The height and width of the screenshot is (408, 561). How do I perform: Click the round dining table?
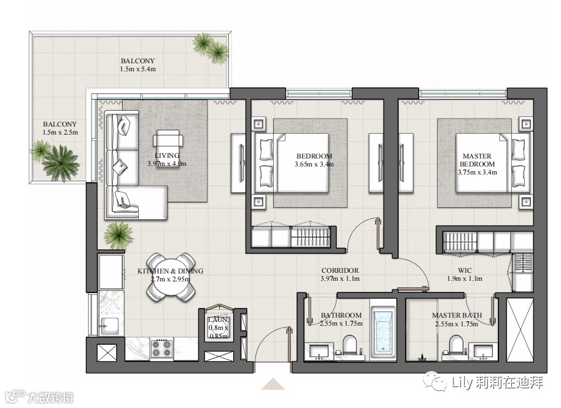coord(171,277)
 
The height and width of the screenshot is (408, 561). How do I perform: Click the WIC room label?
coord(465,270)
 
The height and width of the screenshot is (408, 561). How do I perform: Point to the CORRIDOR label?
coord(340,270)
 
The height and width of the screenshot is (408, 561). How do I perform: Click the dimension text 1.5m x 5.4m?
coord(137,69)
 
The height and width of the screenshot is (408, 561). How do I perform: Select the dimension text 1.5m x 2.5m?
coord(60,132)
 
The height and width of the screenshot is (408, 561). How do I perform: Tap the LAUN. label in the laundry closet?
coord(219,320)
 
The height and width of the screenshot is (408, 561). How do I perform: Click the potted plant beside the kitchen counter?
coord(118,235)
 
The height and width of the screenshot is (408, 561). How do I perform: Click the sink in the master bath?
coord(483,351)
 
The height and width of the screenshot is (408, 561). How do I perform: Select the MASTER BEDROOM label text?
coord(478,160)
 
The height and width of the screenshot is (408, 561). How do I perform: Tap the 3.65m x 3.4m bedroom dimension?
coord(314,165)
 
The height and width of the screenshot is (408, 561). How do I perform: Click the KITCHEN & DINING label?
coord(170,271)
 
